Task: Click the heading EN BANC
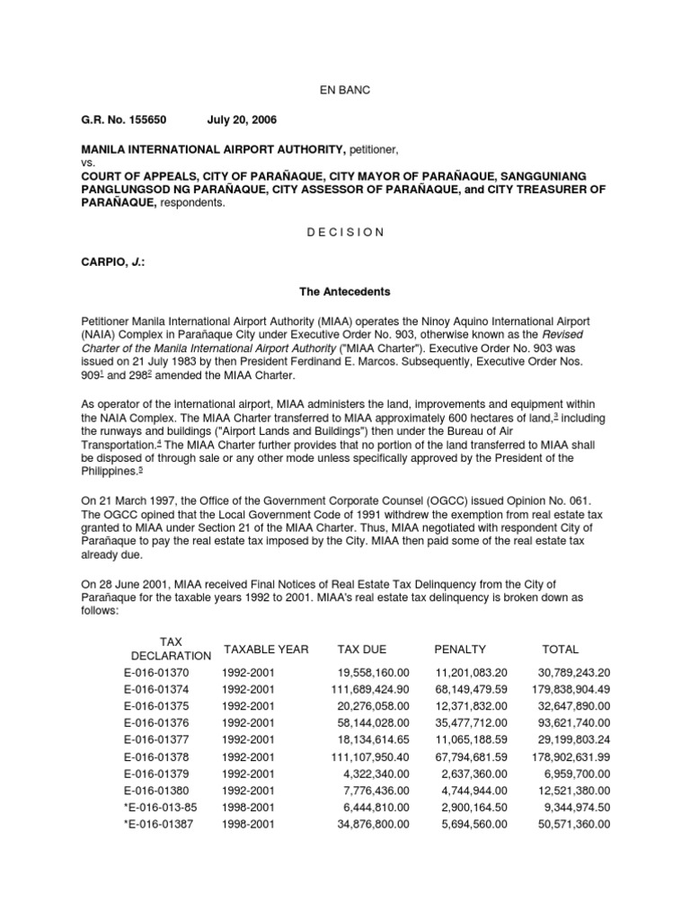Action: [x=346, y=92]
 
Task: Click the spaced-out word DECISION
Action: [x=346, y=232]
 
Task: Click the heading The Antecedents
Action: [x=345, y=292]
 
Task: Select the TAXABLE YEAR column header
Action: [x=265, y=649]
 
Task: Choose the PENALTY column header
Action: [x=460, y=649]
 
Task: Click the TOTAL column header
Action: [x=561, y=649]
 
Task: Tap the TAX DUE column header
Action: [x=360, y=649]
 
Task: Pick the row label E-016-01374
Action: [x=158, y=688]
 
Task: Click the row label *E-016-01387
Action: [x=156, y=823]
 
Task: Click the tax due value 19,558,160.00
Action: [x=375, y=672]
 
